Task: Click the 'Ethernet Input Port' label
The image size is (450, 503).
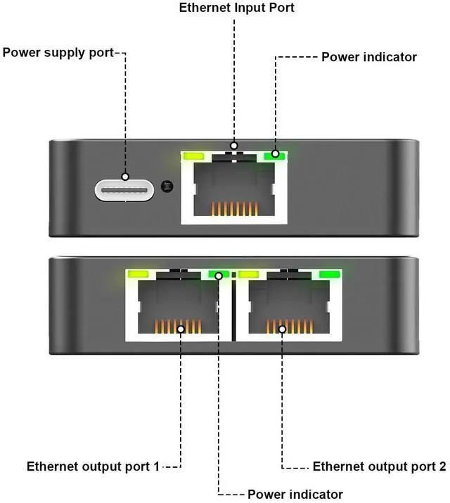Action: click(236, 8)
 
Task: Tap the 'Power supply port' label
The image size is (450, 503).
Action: click(58, 53)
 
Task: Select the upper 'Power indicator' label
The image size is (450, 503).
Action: click(369, 57)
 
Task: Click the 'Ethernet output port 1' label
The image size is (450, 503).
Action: click(93, 466)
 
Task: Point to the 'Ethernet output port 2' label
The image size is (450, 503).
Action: click(379, 466)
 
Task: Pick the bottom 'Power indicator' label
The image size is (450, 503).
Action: click(295, 494)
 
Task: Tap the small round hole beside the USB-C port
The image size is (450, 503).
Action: click(166, 186)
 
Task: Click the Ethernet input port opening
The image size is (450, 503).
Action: click(235, 187)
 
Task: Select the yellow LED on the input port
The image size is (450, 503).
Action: click(192, 156)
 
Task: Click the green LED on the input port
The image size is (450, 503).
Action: click(274, 155)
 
